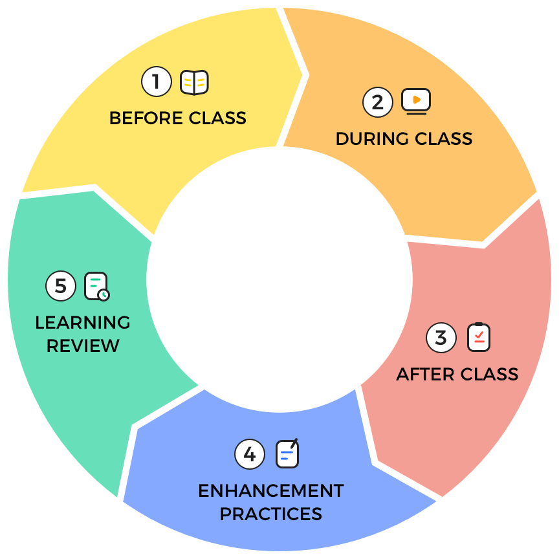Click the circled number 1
(157, 83)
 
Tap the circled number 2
(378, 102)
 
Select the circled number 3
(441, 338)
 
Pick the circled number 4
(250, 454)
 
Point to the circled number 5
(61, 286)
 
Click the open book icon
(194, 83)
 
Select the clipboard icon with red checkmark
(479, 337)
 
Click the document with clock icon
(97, 286)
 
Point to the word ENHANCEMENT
(270, 490)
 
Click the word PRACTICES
(270, 514)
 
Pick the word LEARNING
(83, 322)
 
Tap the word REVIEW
(83, 345)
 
